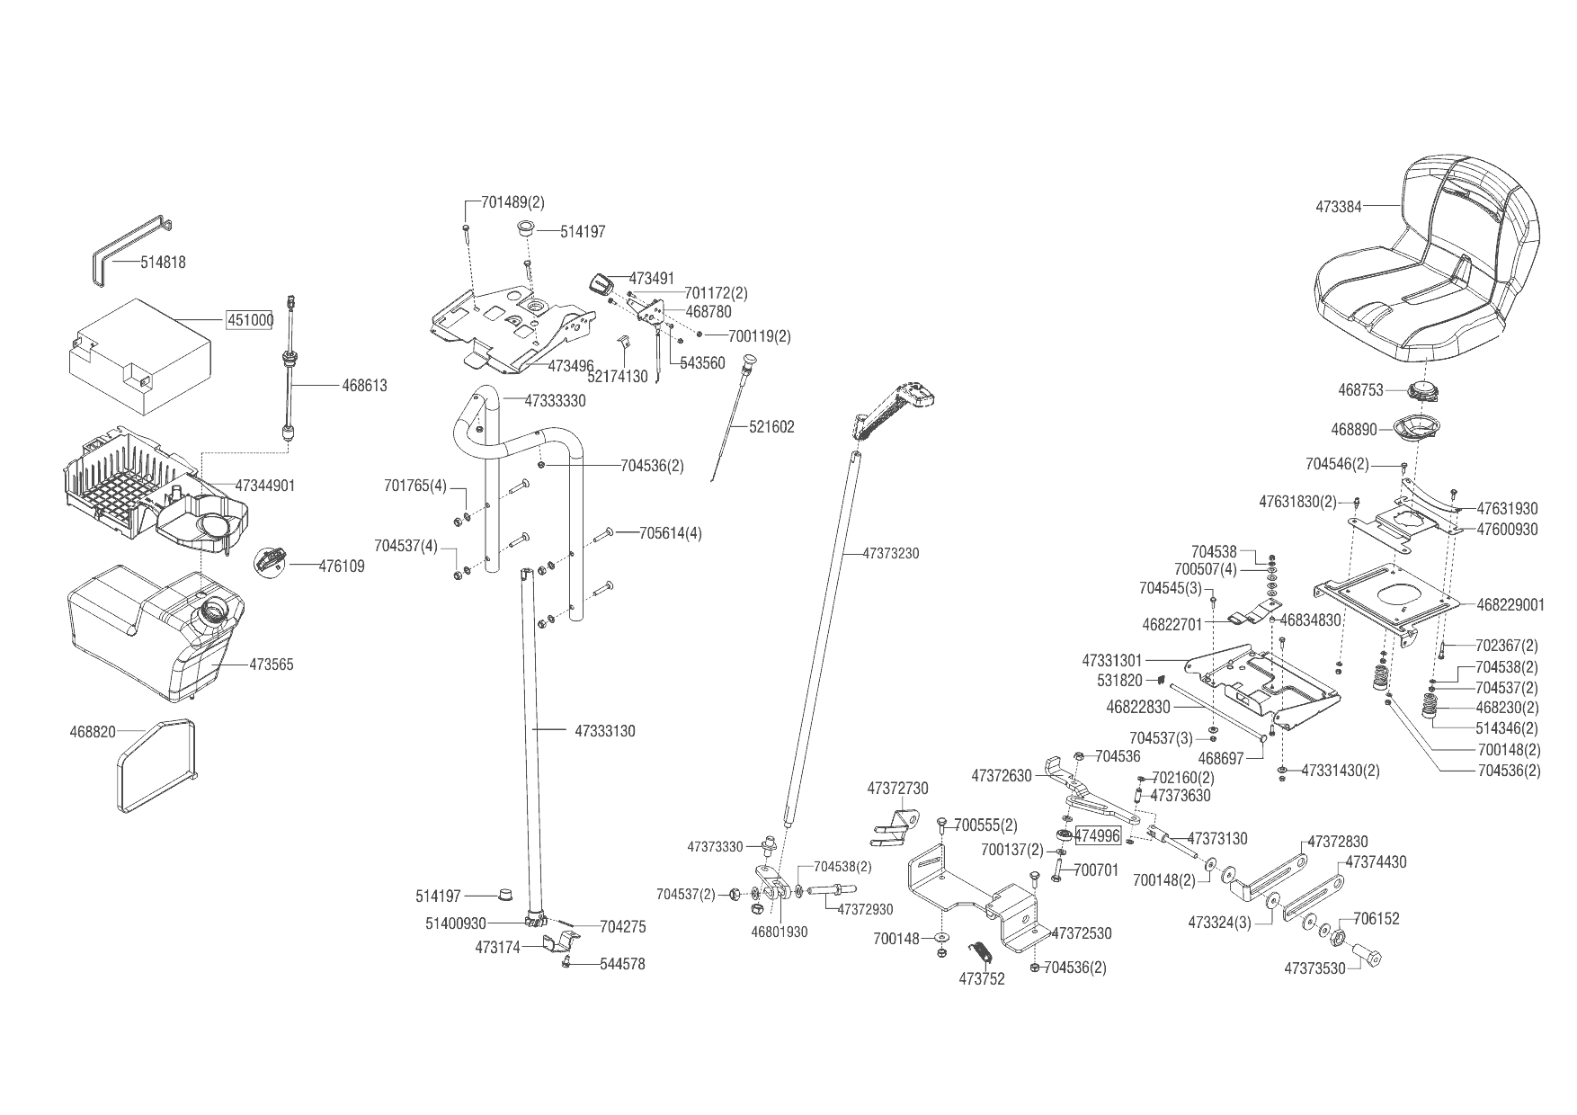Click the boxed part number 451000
(248, 321)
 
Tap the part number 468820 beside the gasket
(93, 732)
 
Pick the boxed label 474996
(1098, 836)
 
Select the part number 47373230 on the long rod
(890, 554)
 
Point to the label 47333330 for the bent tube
(555, 401)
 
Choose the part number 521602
(771, 427)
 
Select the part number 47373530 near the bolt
(1314, 968)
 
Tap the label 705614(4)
(670, 533)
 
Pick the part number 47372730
(897, 789)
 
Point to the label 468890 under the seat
(1354, 430)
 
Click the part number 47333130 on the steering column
(604, 731)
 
